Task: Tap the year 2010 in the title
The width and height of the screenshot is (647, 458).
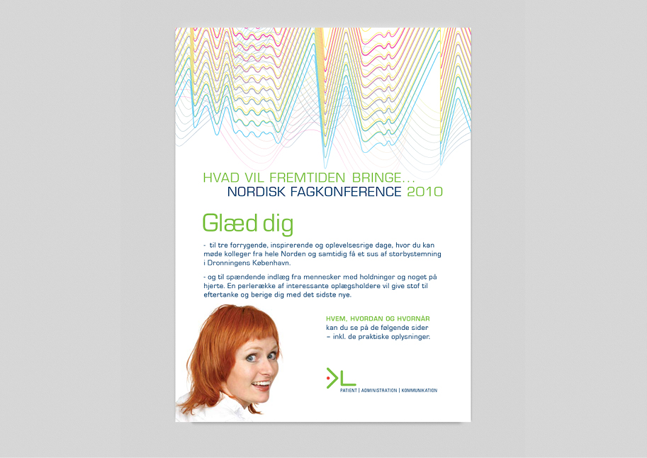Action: coord(425,192)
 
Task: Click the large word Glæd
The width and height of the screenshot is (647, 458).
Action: coord(230,224)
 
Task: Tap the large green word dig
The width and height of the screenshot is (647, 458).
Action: coord(278,224)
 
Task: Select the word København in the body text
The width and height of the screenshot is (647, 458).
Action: coord(271,263)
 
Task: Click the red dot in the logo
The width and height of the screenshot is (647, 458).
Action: coord(328,377)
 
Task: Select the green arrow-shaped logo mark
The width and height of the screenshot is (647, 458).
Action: coord(332,378)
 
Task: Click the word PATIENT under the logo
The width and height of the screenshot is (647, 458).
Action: coord(349,390)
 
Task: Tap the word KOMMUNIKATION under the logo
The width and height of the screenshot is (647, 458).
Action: coord(420,390)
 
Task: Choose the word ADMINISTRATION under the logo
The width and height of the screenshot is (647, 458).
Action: coord(379,390)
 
